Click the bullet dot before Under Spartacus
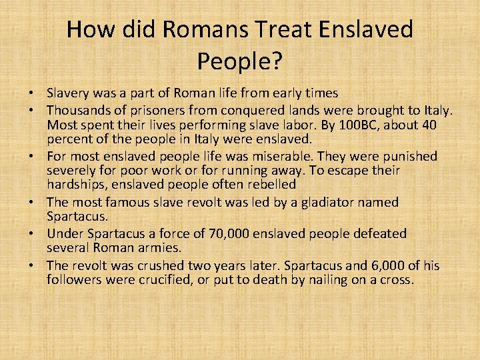[33, 234]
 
